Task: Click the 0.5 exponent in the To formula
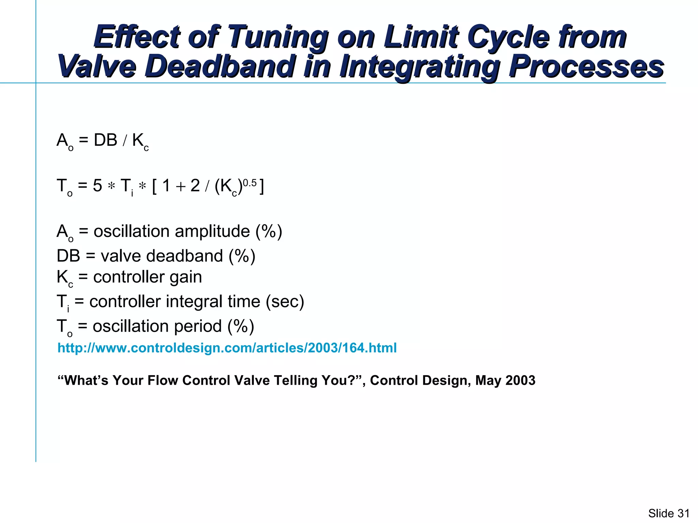[249, 183]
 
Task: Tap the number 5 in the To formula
[97, 186]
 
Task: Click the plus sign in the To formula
[181, 187]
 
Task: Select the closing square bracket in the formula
[261, 187]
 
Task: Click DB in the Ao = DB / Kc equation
[105, 140]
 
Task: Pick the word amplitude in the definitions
[212, 232]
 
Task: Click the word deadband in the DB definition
[184, 256]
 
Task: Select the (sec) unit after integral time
[285, 302]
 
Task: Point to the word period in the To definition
[198, 326]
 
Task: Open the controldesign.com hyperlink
[227, 348]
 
